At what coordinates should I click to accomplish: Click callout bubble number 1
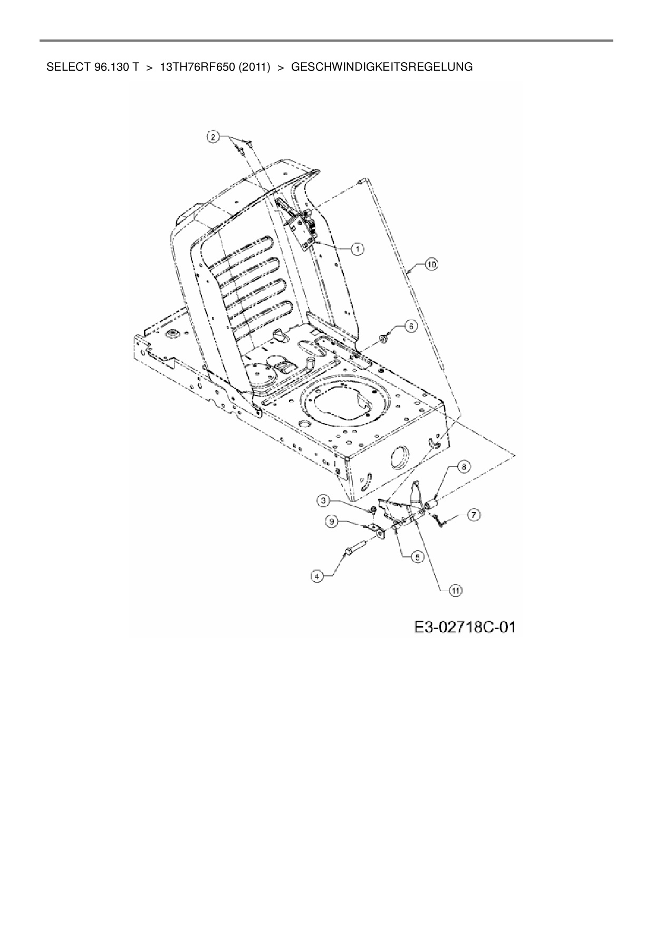tap(358, 248)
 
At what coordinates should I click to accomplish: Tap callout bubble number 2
tap(213, 137)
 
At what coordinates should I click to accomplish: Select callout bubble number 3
tap(324, 499)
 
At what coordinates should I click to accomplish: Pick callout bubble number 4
tap(316, 577)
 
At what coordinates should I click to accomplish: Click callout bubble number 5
tap(417, 556)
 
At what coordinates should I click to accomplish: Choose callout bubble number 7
tap(473, 515)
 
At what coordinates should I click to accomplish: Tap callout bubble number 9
tap(332, 521)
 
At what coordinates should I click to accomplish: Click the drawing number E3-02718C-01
tap(464, 627)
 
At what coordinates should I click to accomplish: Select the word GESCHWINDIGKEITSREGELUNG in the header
tap(382, 68)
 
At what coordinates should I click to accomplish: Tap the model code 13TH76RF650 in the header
tap(197, 68)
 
